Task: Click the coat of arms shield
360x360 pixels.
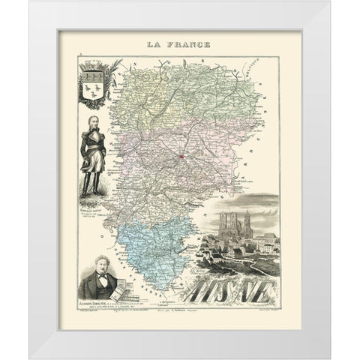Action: coord(96,82)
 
